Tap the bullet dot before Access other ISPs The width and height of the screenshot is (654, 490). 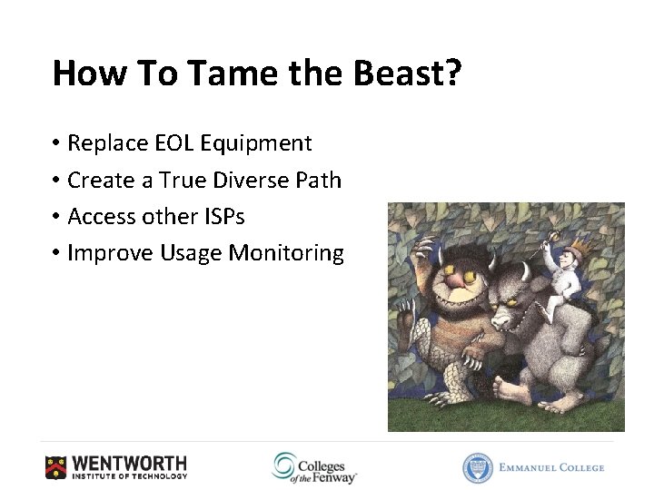(x=56, y=217)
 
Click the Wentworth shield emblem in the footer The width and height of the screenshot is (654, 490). (x=56, y=466)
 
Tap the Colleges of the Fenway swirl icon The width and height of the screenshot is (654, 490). (x=284, y=465)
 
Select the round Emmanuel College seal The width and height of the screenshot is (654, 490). (x=477, y=467)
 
